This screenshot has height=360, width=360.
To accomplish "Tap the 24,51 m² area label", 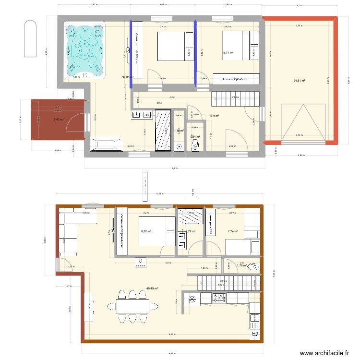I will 300,81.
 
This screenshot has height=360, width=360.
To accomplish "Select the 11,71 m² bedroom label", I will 228,53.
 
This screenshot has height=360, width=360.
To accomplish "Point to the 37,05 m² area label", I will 127,77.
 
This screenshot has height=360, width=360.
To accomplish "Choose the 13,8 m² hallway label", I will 214,116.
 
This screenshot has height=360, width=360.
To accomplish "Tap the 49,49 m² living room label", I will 152,288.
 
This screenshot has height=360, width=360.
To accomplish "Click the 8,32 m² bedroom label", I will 146,232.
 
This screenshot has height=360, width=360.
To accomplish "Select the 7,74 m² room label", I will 233,231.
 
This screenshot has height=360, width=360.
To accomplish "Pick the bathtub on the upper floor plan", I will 107,143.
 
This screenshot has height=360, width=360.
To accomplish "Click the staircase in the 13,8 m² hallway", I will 235,101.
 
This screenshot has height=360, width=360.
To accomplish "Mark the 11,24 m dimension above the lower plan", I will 158,194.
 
